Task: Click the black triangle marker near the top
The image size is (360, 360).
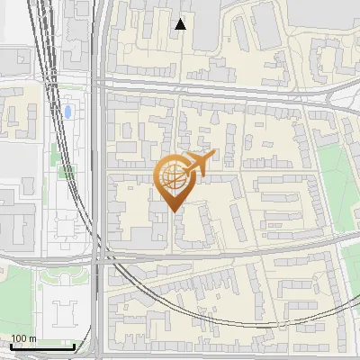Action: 181,24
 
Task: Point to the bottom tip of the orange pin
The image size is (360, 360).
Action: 172,211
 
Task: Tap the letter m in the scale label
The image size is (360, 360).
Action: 32,339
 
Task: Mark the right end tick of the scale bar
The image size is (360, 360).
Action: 75,346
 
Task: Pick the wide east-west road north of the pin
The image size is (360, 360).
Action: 225,86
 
